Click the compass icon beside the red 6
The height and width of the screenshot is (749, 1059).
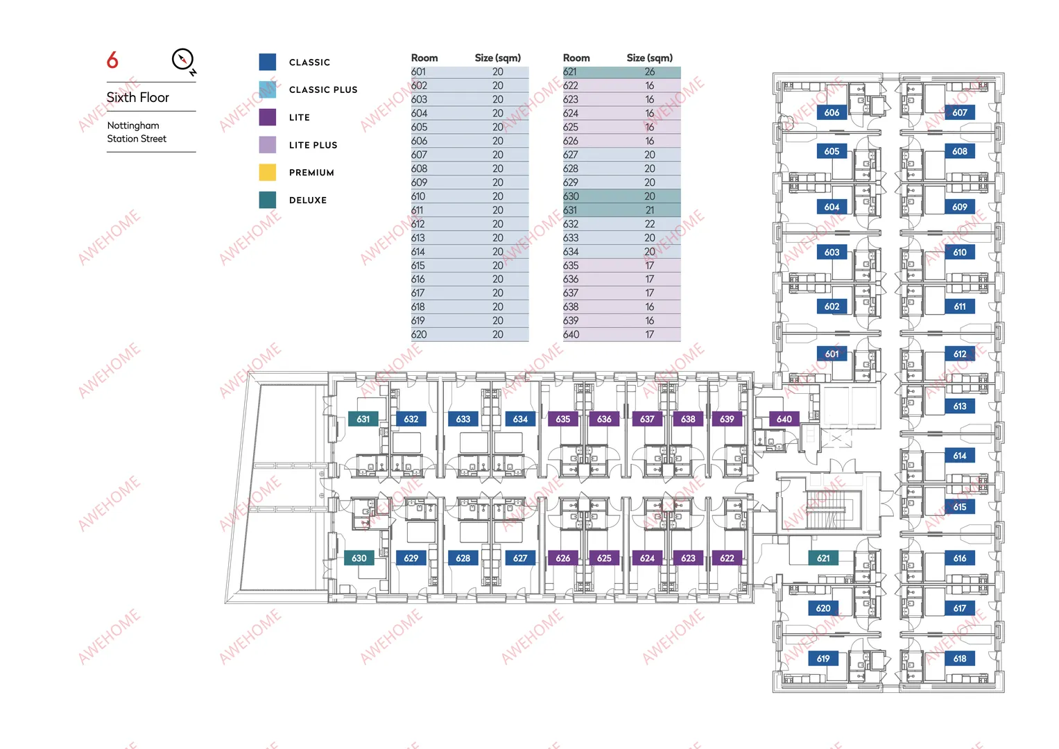183,60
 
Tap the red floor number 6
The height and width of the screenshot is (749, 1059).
112,60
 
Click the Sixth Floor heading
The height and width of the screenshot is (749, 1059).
137,97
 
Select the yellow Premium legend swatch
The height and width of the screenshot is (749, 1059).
268,172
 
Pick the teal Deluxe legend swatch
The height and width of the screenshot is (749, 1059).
268,200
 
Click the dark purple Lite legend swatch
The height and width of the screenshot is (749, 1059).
268,117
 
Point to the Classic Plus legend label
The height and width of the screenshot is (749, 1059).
323,90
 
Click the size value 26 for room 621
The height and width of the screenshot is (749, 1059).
650,72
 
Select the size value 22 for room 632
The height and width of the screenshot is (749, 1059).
650,223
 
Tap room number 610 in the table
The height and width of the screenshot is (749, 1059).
418,196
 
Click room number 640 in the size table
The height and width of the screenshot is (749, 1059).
571,334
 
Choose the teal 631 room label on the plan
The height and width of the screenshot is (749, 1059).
363,419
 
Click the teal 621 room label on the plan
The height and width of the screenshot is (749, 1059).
823,558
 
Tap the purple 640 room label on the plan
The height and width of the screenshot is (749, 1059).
784,419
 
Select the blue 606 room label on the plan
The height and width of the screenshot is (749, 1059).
832,112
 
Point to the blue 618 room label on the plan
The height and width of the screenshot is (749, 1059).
960,658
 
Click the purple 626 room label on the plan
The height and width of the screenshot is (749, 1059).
562,558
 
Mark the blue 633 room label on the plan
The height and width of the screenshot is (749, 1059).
463,419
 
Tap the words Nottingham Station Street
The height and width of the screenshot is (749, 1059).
137,132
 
